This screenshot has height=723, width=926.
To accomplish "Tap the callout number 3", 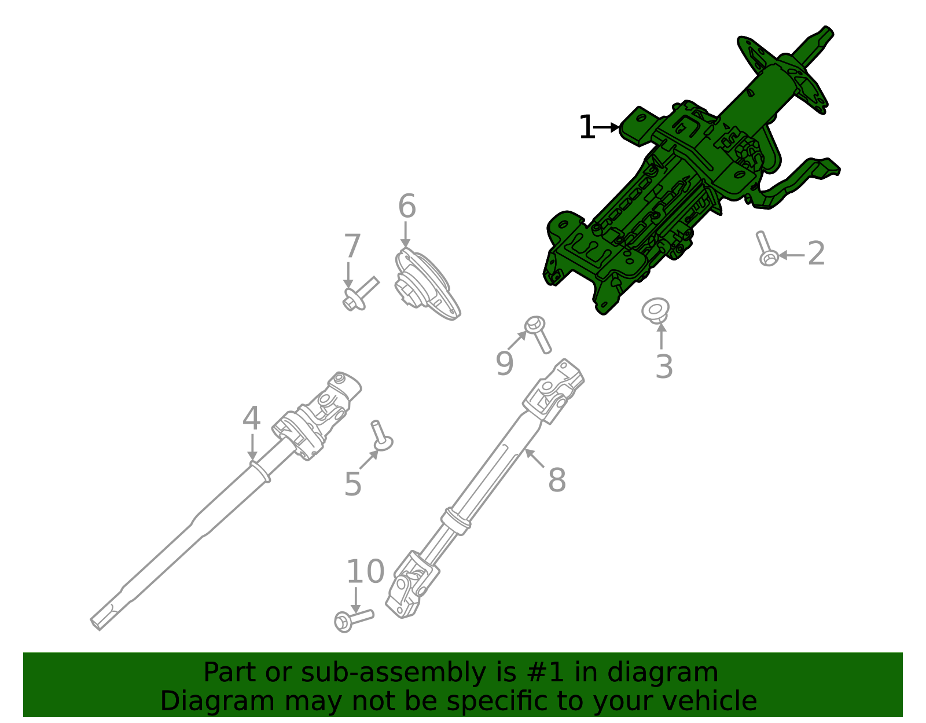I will click(664, 366).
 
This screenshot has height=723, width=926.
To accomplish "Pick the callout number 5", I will click(352, 484).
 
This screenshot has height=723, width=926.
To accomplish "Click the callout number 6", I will click(407, 207).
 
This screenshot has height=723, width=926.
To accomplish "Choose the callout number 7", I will click(352, 246).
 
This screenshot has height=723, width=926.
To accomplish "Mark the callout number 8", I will click(557, 480).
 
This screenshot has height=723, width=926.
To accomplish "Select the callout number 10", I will click(365, 572).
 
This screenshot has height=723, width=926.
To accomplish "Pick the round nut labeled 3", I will click(656, 310).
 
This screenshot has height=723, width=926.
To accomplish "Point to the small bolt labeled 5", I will click(381, 435).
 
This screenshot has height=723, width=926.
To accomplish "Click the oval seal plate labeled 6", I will click(425, 284).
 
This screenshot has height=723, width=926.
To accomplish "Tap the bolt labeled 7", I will click(359, 293).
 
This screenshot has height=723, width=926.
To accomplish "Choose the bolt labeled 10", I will click(353, 620).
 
